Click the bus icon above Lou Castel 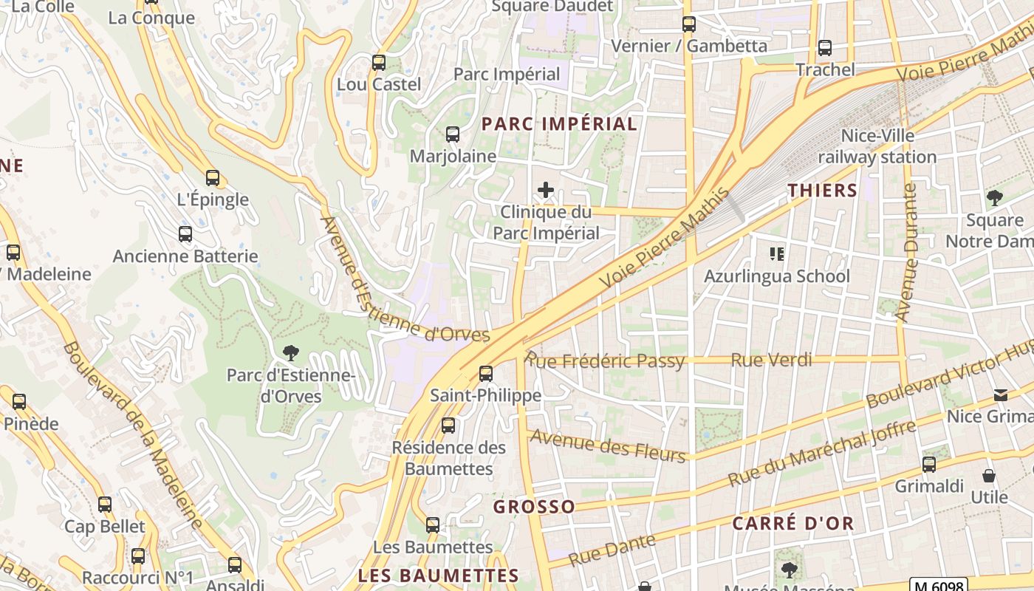tap(379, 63)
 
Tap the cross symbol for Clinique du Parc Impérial tap(546, 191)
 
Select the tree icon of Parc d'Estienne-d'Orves tap(292, 353)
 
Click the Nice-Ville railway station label tap(877, 146)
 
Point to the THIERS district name tap(822, 191)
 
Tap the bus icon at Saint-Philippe tap(485, 374)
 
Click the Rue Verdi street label tap(771, 360)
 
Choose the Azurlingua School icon tap(776, 255)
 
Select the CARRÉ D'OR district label tap(792, 524)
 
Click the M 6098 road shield tap(938, 585)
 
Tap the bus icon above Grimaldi tap(929, 465)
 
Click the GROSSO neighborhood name tap(534, 507)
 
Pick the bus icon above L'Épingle tap(213, 178)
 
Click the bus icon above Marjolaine tap(453, 134)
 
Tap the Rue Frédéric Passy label tap(605, 361)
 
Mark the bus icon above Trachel tap(825, 48)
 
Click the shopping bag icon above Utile tap(989, 476)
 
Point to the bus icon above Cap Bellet tap(105, 505)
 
